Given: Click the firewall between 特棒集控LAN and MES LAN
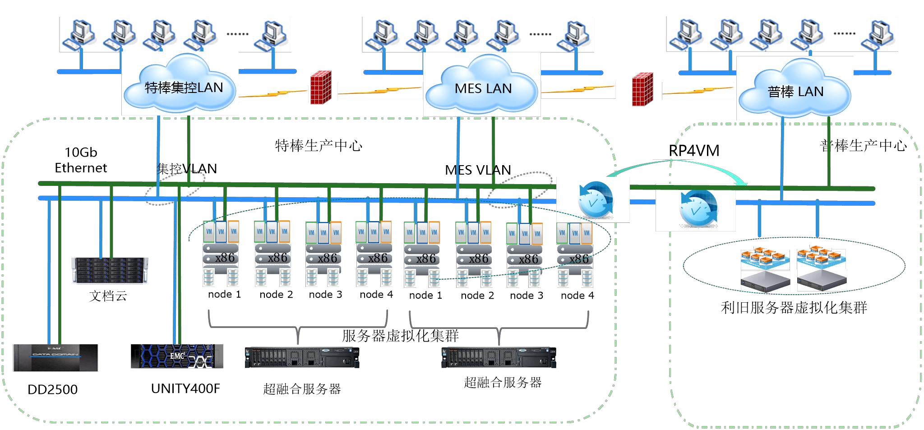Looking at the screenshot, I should click(321, 88).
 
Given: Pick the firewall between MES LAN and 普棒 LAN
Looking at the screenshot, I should click(642, 89).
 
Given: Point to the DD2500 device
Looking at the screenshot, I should click(55, 358).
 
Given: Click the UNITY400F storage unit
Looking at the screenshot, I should click(177, 356).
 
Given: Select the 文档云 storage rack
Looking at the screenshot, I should click(110, 271).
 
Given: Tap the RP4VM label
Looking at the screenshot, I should click(694, 151).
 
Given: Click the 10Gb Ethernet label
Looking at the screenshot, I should click(81, 160).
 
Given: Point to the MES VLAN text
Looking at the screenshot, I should click(478, 170).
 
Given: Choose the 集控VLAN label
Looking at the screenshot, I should click(187, 169).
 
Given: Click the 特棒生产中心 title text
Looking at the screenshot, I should click(319, 146).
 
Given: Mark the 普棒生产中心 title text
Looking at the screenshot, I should click(863, 146).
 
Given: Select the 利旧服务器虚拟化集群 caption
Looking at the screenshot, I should click(794, 308).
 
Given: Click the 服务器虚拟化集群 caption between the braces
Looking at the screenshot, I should click(400, 336).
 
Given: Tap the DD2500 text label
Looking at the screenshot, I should click(52, 389).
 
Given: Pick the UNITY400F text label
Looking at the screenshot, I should click(185, 388).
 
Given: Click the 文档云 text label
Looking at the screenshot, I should click(108, 296).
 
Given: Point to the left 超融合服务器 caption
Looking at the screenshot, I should click(302, 389).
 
